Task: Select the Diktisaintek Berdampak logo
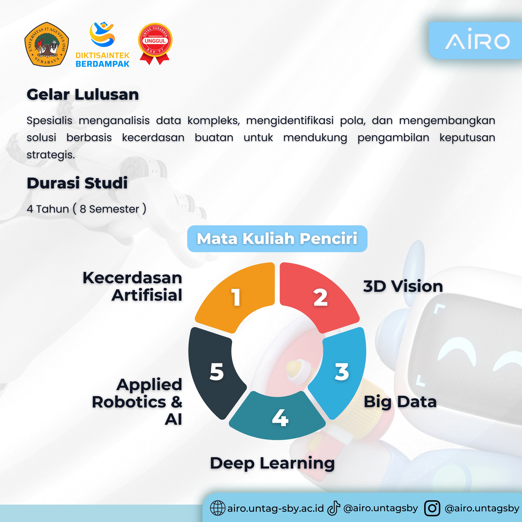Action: (x=103, y=45)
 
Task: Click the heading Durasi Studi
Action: (x=77, y=183)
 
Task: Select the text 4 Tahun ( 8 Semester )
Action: (x=86, y=209)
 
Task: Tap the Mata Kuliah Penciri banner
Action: (x=277, y=239)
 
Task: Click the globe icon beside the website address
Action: (x=217, y=508)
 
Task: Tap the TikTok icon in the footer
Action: (x=334, y=508)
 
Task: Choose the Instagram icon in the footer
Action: (x=432, y=508)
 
